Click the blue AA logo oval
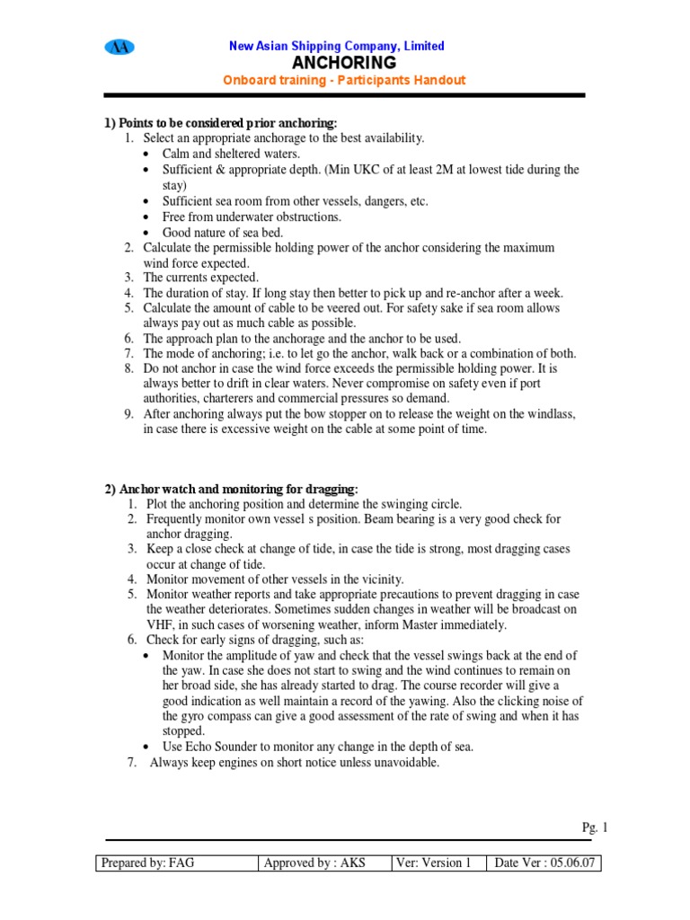tap(119, 48)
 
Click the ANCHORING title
tap(344, 63)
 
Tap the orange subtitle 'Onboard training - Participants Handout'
tap(344, 80)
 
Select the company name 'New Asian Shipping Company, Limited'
tap(337, 46)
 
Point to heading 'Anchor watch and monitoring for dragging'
tap(231, 489)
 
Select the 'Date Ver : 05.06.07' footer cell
tap(544, 862)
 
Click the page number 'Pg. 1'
tap(595, 828)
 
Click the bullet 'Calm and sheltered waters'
tap(231, 154)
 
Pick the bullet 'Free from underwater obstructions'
tap(252, 217)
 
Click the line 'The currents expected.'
tap(200, 278)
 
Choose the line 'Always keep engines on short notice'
tap(294, 763)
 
